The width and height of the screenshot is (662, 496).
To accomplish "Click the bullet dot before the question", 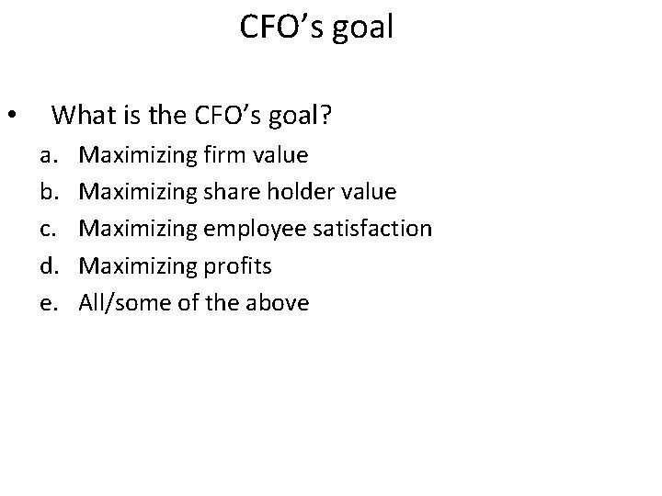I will point(11,117).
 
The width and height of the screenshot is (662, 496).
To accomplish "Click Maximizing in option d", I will point(134,265).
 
